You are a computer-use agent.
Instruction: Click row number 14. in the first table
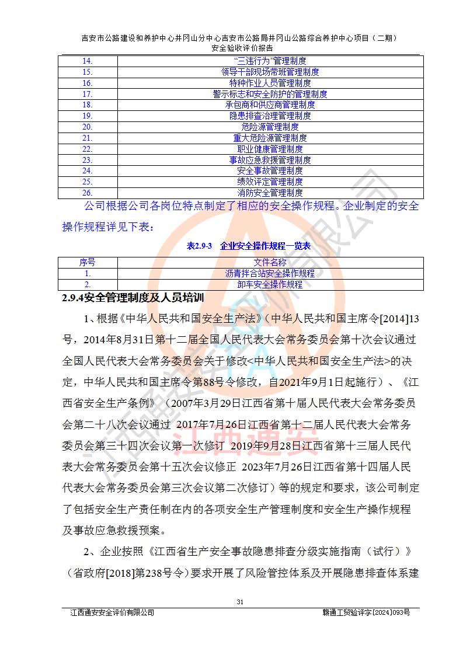(x=88, y=61)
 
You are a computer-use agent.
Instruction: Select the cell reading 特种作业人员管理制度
(x=270, y=83)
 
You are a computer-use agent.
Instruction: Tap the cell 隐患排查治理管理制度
(x=270, y=116)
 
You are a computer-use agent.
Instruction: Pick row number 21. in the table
(x=88, y=138)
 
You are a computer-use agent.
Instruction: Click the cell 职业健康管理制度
(x=270, y=149)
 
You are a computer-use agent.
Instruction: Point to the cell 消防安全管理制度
(x=270, y=192)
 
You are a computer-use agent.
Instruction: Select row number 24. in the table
(x=88, y=170)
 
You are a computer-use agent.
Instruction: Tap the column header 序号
(x=88, y=262)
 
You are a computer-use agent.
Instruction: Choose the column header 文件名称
(x=270, y=262)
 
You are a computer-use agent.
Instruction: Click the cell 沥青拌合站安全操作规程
(x=270, y=273)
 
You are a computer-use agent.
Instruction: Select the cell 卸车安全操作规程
(x=270, y=284)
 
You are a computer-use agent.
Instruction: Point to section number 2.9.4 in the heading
(x=72, y=298)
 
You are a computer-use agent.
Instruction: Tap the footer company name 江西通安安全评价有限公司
(x=112, y=612)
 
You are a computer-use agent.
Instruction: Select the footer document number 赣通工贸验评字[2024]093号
(x=366, y=612)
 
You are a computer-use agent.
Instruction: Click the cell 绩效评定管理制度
(x=270, y=182)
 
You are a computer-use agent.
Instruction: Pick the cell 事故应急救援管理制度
(x=270, y=160)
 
